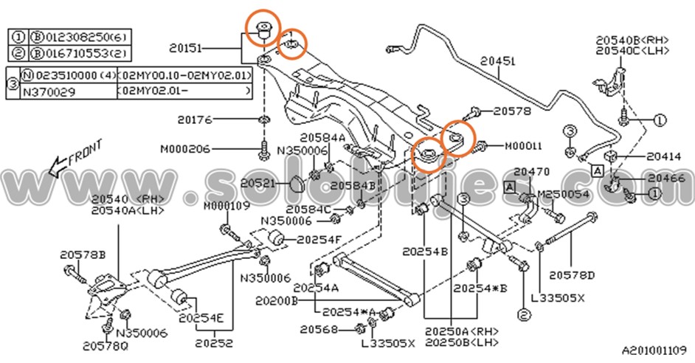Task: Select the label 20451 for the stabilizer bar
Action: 498,63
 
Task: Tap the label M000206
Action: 184,149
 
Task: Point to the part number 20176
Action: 195,118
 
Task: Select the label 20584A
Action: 322,138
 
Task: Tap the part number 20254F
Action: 319,239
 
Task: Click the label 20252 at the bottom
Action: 213,343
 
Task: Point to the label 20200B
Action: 277,301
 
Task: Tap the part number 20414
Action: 645,156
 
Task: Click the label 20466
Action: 665,179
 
